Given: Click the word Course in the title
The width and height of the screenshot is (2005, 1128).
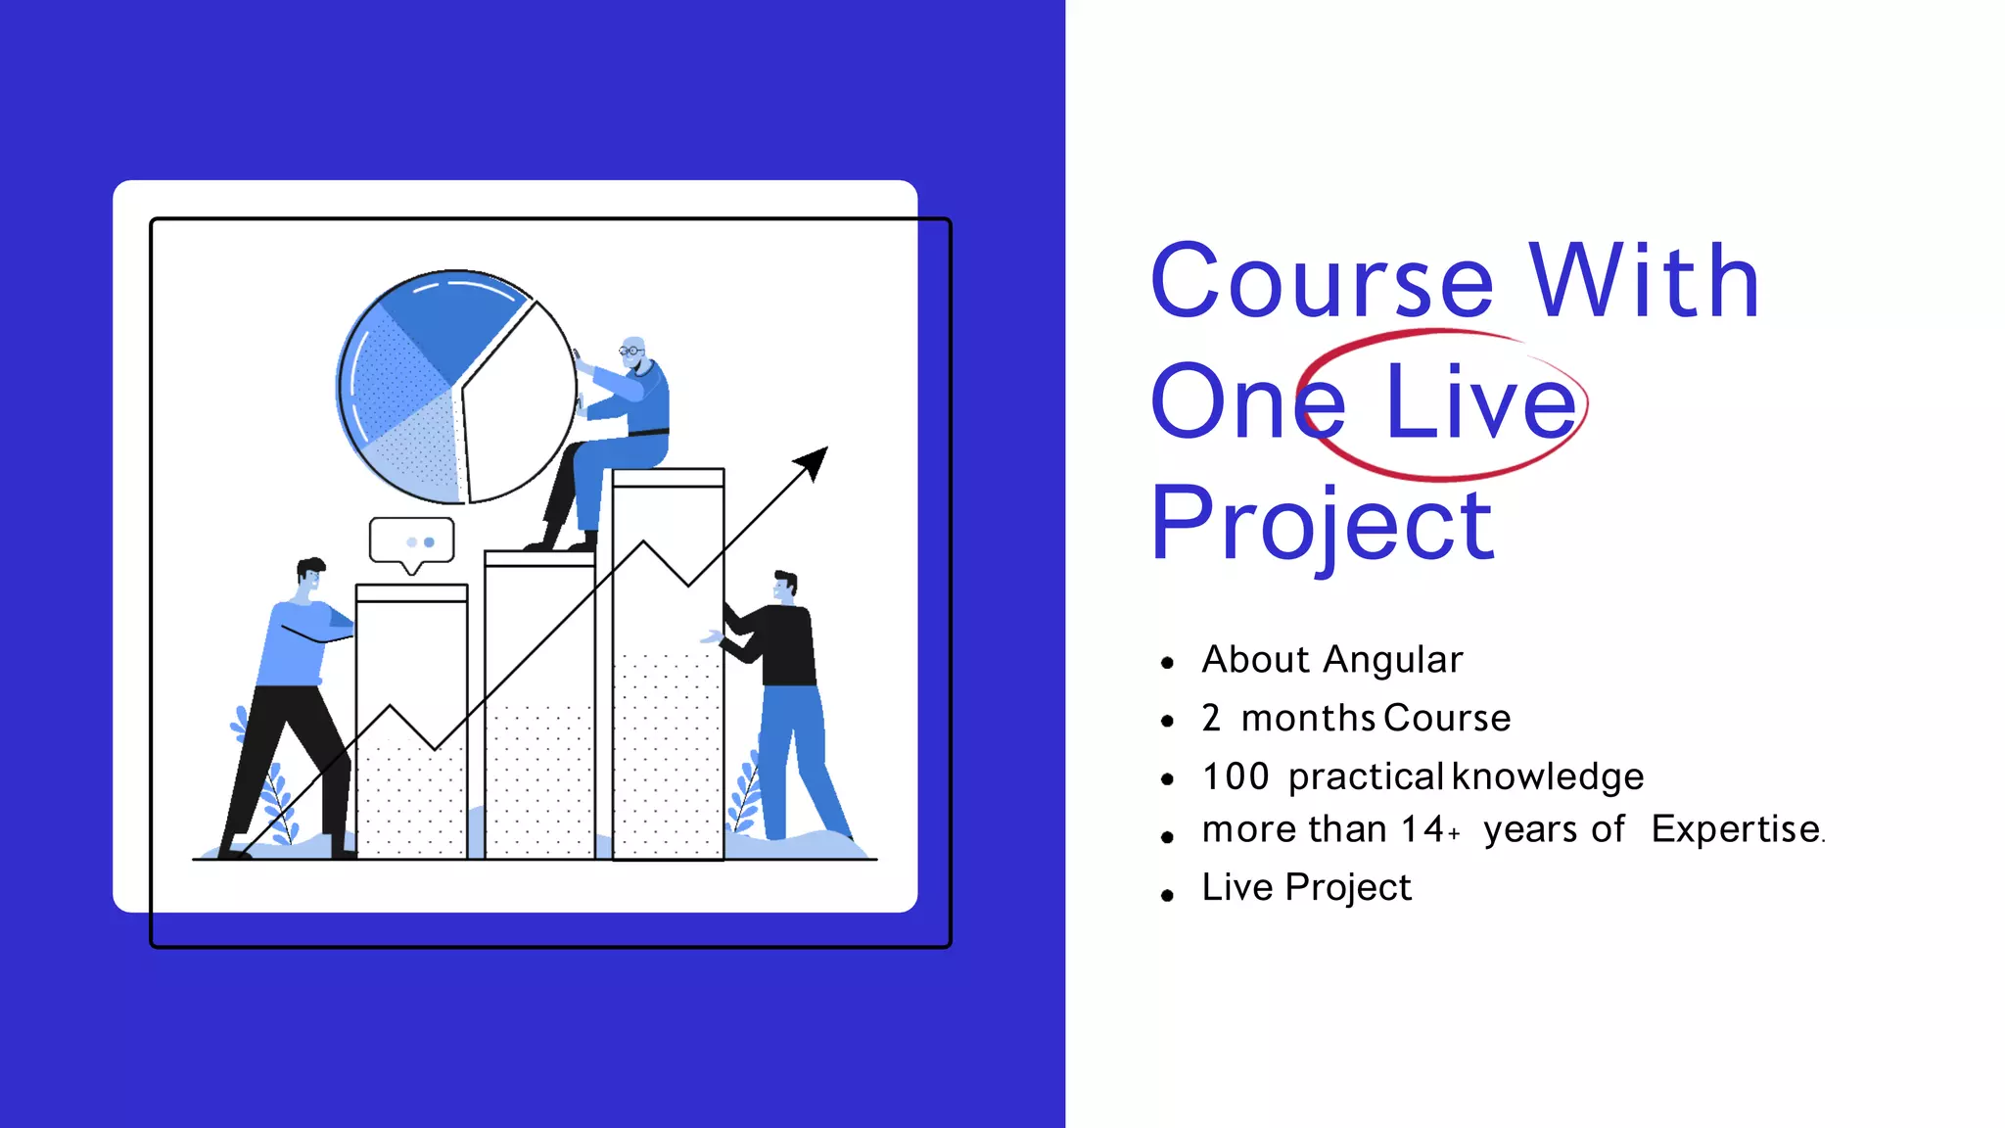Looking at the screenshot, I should tap(1322, 283).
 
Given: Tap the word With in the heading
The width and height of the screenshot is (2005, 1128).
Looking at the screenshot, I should tap(1645, 283).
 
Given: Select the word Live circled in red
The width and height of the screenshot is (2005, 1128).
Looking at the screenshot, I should tap(1480, 402).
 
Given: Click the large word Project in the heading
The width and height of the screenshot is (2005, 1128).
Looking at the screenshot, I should tap(1322, 526).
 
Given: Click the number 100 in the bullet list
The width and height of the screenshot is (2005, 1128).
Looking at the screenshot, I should tap(1235, 776).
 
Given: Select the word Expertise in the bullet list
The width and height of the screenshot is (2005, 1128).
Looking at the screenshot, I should tap(1735, 829).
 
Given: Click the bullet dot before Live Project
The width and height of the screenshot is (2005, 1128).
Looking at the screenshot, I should tap(1167, 895).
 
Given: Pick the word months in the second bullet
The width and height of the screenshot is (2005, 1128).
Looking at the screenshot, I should tap(1308, 719).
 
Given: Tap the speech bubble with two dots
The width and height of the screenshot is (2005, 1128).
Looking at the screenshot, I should tap(412, 540).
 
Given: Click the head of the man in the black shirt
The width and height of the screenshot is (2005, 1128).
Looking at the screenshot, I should tap(785, 587).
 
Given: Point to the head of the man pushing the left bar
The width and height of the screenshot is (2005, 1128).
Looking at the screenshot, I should tap(310, 577).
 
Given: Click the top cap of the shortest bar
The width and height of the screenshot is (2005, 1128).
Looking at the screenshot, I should tap(411, 593).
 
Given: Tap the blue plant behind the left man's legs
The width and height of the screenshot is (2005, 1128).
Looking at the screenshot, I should tap(276, 798).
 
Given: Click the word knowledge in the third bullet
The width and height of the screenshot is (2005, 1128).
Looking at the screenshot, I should tap(1548, 776).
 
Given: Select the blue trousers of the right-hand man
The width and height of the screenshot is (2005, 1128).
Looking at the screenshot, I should tap(798, 754).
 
